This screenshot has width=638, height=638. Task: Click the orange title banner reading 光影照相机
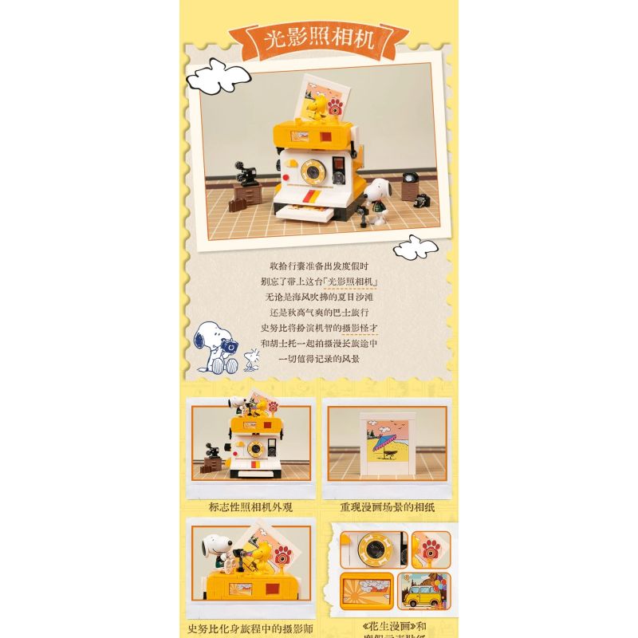click(319, 38)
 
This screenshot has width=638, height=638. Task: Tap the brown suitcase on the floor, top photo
click(238, 204)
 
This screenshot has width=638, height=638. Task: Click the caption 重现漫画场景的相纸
click(386, 506)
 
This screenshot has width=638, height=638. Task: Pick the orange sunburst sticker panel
click(367, 591)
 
